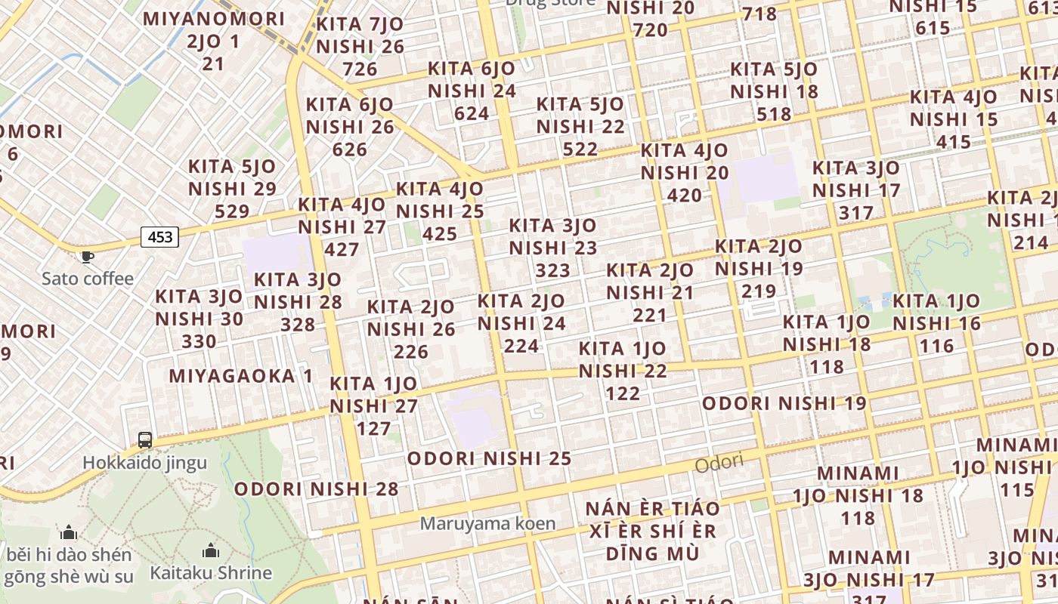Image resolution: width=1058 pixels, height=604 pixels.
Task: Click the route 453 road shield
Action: pyautogui.click(x=160, y=237)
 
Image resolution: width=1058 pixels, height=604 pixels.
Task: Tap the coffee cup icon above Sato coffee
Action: pyautogui.click(x=88, y=257)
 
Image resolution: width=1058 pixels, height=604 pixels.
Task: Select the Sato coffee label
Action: pyautogui.click(x=88, y=279)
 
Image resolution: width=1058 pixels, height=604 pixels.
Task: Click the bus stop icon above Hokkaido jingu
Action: pyautogui.click(x=144, y=439)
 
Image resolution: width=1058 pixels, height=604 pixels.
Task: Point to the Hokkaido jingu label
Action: pyautogui.click(x=144, y=462)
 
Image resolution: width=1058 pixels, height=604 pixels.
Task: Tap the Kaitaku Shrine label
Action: pyautogui.click(x=211, y=572)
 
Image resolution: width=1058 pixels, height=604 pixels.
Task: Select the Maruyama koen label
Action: pyautogui.click(x=488, y=522)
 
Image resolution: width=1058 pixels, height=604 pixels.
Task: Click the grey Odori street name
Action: pyautogui.click(x=719, y=464)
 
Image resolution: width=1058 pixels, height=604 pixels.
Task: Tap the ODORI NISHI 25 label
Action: pyautogui.click(x=489, y=458)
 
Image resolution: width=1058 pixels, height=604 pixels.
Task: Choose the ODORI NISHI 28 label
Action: pyautogui.click(x=316, y=488)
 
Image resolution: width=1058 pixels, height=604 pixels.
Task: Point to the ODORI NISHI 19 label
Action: pyautogui.click(x=784, y=403)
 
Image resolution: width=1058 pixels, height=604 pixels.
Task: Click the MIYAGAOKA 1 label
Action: pyautogui.click(x=240, y=376)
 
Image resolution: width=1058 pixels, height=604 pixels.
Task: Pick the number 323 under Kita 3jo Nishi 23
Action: pyautogui.click(x=552, y=270)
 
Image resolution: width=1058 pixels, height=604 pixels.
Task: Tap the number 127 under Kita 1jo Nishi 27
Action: pyautogui.click(x=373, y=429)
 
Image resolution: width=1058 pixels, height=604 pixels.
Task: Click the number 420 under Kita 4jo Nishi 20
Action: pyautogui.click(x=685, y=196)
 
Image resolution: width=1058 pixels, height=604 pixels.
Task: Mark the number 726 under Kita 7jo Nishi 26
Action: pyautogui.click(x=360, y=69)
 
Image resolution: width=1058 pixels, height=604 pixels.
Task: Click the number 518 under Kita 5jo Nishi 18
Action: pyautogui.click(x=774, y=115)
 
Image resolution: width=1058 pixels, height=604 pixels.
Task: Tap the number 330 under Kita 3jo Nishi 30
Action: pyautogui.click(x=199, y=341)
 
